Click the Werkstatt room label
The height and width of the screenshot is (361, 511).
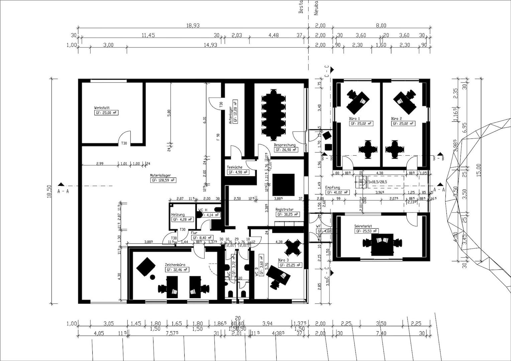[x=102, y=108]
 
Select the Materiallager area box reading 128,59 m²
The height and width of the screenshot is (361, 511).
[x=164, y=180]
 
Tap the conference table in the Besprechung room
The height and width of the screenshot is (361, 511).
[x=274, y=114]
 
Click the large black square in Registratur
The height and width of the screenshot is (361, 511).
[x=283, y=184]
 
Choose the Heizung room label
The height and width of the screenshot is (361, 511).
[x=178, y=215]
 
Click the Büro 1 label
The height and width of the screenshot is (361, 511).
[x=354, y=119]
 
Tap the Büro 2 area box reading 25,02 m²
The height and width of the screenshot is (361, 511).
[x=403, y=124]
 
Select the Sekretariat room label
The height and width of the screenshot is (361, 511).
[x=363, y=226]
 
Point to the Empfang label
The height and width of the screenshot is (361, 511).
[x=332, y=188]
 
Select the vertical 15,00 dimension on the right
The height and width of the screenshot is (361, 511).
[x=479, y=170]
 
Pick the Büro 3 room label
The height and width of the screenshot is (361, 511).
[x=283, y=260]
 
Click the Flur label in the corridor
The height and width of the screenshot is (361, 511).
[x=194, y=233]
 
